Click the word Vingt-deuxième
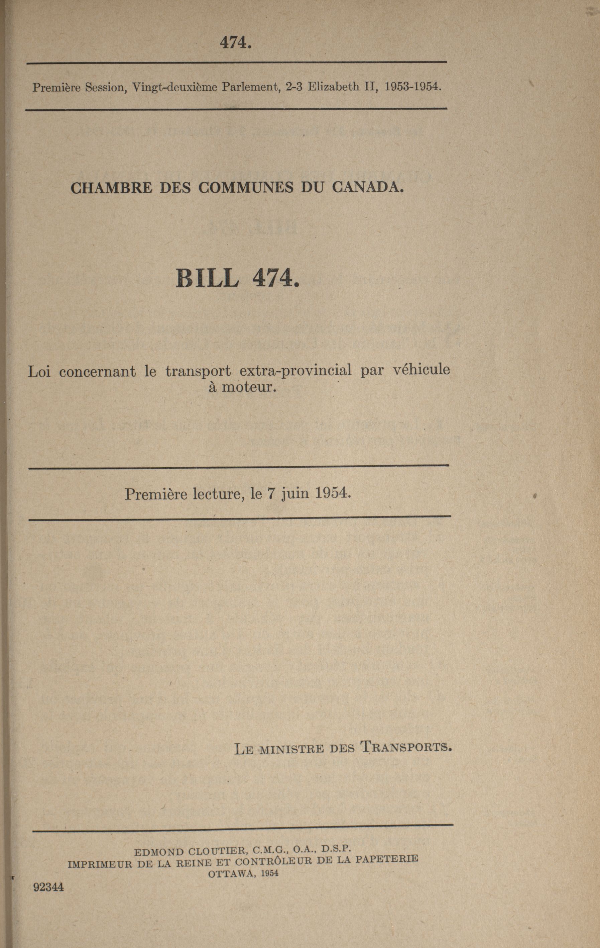(175, 87)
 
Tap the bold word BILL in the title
(207, 278)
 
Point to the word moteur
(247, 387)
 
